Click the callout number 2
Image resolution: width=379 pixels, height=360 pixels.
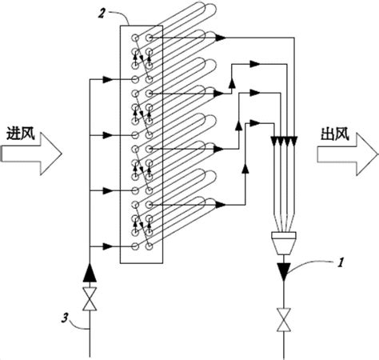(x=102, y=14)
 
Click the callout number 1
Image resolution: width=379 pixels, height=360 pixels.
(x=340, y=262)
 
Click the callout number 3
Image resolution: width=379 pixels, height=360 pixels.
(x=64, y=318)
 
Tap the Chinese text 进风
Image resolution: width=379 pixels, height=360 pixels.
(x=21, y=134)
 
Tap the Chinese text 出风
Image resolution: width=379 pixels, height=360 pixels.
(x=335, y=134)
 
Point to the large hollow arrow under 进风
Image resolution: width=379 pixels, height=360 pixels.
(x=31, y=154)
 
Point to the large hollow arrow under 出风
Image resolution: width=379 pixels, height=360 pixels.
(x=348, y=154)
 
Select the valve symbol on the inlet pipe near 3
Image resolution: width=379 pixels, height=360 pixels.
(x=90, y=299)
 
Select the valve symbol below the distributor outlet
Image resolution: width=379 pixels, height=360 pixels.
(x=284, y=320)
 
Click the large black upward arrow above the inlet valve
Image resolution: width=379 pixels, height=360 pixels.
(x=90, y=272)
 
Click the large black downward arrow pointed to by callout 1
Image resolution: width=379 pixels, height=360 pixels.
(x=284, y=272)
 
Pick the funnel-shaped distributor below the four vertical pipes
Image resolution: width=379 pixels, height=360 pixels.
(x=284, y=242)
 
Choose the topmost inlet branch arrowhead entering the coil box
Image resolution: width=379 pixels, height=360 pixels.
(x=107, y=79)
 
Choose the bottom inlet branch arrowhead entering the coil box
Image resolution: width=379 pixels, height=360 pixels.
(x=107, y=246)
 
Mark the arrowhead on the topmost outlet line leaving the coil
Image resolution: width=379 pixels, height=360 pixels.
(x=221, y=38)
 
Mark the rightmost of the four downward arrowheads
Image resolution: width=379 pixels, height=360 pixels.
(x=294, y=141)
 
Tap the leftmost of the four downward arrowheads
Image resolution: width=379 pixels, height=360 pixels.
(x=274, y=141)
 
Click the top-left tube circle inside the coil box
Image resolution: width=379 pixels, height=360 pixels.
(x=135, y=38)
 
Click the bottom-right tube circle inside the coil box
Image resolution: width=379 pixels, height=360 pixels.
(x=149, y=246)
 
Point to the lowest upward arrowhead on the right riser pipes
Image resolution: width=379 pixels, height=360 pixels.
(x=245, y=169)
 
